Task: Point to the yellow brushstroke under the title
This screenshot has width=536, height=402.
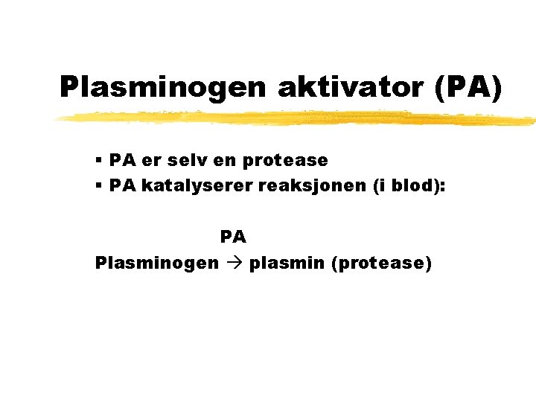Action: point(298,118)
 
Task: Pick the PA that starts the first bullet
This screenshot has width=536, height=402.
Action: point(121,160)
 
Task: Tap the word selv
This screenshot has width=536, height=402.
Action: point(186,160)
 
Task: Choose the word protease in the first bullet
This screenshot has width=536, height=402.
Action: point(285,161)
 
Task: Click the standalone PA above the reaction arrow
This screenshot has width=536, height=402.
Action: point(233,237)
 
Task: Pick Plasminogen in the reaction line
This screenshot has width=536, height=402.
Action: point(157,263)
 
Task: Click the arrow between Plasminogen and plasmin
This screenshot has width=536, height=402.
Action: point(234,263)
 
